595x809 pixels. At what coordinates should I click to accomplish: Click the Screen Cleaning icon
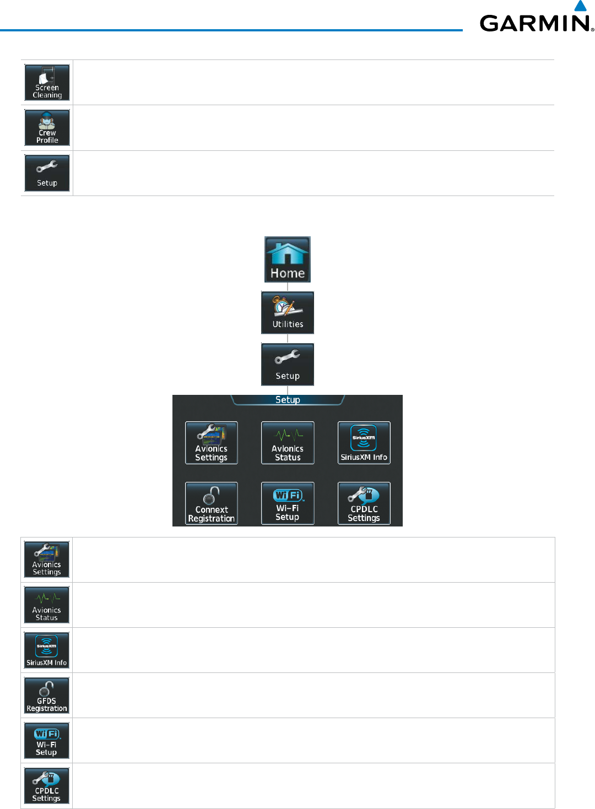pyautogui.click(x=47, y=83)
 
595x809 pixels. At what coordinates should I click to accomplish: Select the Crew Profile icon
pyautogui.click(x=47, y=128)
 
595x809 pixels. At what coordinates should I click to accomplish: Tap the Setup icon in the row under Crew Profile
pyautogui.click(x=47, y=173)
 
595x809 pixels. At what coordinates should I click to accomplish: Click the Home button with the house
pyautogui.click(x=288, y=259)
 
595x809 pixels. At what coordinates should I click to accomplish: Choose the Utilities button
pyautogui.click(x=288, y=313)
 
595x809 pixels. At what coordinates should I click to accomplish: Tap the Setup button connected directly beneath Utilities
pyautogui.click(x=288, y=365)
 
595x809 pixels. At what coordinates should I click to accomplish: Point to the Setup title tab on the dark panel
pyautogui.click(x=288, y=400)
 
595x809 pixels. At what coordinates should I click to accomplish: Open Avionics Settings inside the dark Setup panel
pyautogui.click(x=212, y=443)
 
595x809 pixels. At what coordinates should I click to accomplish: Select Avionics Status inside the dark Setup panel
pyautogui.click(x=288, y=443)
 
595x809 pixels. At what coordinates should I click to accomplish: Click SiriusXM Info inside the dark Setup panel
pyautogui.click(x=364, y=443)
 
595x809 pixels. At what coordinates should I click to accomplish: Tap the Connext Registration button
pyautogui.click(x=212, y=503)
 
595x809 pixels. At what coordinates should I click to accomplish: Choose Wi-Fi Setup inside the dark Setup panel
pyautogui.click(x=288, y=503)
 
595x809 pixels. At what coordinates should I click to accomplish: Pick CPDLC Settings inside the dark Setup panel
pyautogui.click(x=364, y=503)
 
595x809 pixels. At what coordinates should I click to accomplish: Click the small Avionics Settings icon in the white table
pyautogui.click(x=47, y=560)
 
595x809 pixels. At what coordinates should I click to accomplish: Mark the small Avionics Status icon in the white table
pyautogui.click(x=47, y=605)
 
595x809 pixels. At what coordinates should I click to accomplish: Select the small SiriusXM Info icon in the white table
pyautogui.click(x=47, y=650)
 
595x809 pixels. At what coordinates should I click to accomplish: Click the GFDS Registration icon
pyautogui.click(x=47, y=696)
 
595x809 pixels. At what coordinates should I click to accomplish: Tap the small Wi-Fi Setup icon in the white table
pyautogui.click(x=47, y=741)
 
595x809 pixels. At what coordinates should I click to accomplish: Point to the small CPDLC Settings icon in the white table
pyautogui.click(x=47, y=786)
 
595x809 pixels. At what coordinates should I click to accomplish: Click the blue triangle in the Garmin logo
pyautogui.click(x=581, y=6)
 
